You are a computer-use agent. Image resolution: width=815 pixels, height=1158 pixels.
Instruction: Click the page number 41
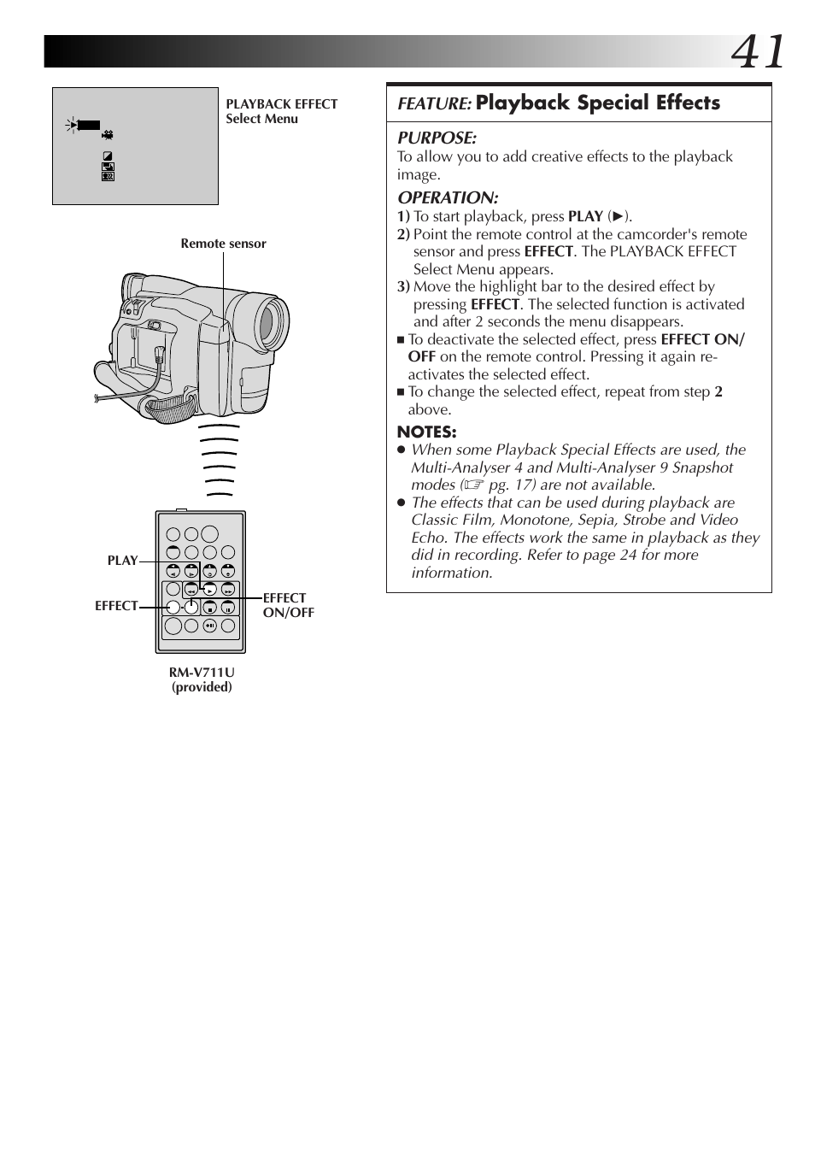[x=757, y=53]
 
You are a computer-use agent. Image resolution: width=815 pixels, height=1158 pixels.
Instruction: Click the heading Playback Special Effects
[x=597, y=103]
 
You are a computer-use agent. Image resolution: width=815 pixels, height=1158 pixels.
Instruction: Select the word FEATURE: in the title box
[x=434, y=103]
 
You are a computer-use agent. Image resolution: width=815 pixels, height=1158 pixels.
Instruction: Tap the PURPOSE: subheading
[x=437, y=138]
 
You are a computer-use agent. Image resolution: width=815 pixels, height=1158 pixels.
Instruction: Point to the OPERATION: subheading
[x=448, y=197]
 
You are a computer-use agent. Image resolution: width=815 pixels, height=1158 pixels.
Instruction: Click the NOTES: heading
[x=426, y=432]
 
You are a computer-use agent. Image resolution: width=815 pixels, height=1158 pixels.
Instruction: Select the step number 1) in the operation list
[x=403, y=216]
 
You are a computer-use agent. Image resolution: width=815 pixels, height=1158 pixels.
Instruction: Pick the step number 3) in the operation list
[x=403, y=287]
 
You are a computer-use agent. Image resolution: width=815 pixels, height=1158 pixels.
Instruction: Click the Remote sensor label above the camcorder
[x=223, y=244]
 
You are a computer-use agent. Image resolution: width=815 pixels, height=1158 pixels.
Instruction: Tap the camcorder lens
[x=267, y=323]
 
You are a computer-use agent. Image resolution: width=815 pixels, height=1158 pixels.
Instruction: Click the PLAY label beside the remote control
[x=122, y=561]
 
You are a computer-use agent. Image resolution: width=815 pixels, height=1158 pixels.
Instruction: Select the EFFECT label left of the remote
[x=116, y=606]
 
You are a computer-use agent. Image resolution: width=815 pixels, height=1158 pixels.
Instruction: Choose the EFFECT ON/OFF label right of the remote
[x=288, y=605]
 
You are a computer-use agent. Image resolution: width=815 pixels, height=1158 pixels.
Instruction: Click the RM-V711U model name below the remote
[x=202, y=673]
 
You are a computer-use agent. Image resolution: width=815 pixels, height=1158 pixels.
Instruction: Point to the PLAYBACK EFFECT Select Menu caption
[x=281, y=111]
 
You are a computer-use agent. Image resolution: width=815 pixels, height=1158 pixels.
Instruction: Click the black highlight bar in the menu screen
[x=89, y=126]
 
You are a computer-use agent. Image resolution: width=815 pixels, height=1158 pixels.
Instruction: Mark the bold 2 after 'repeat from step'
[x=718, y=391]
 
